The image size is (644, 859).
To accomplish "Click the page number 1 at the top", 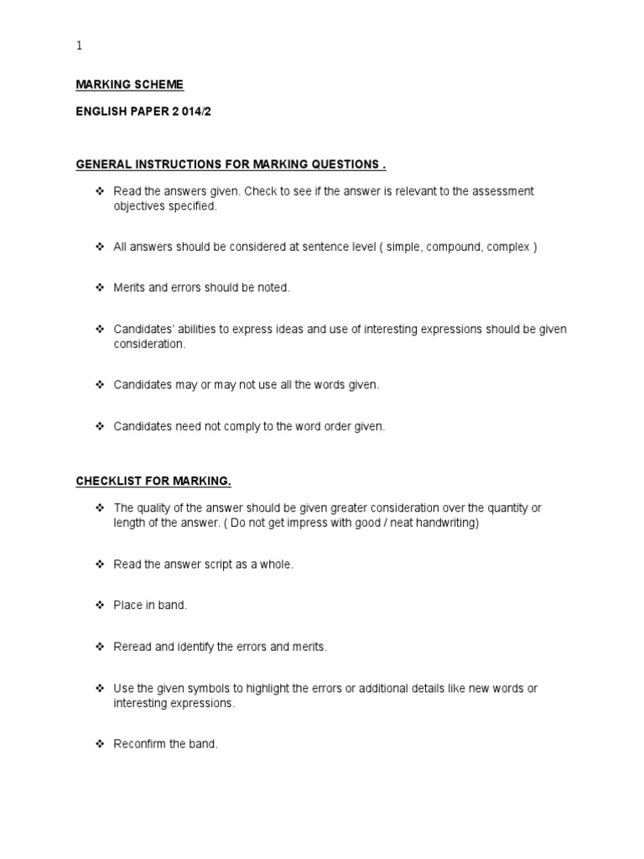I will [80, 46].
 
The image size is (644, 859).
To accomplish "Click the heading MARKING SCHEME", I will [129, 85].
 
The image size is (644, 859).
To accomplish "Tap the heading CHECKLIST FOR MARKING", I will [153, 481].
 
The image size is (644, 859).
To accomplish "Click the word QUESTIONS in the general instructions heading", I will [334, 164].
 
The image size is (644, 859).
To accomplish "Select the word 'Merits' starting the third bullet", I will [130, 288].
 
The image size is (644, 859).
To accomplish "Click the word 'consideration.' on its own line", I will [150, 344].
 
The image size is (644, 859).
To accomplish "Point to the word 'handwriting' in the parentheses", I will [446, 523].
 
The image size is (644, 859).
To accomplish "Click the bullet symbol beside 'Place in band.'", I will [99, 605].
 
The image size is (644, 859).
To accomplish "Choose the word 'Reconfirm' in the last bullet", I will [139, 744].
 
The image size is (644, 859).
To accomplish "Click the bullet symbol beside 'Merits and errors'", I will [99, 288].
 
